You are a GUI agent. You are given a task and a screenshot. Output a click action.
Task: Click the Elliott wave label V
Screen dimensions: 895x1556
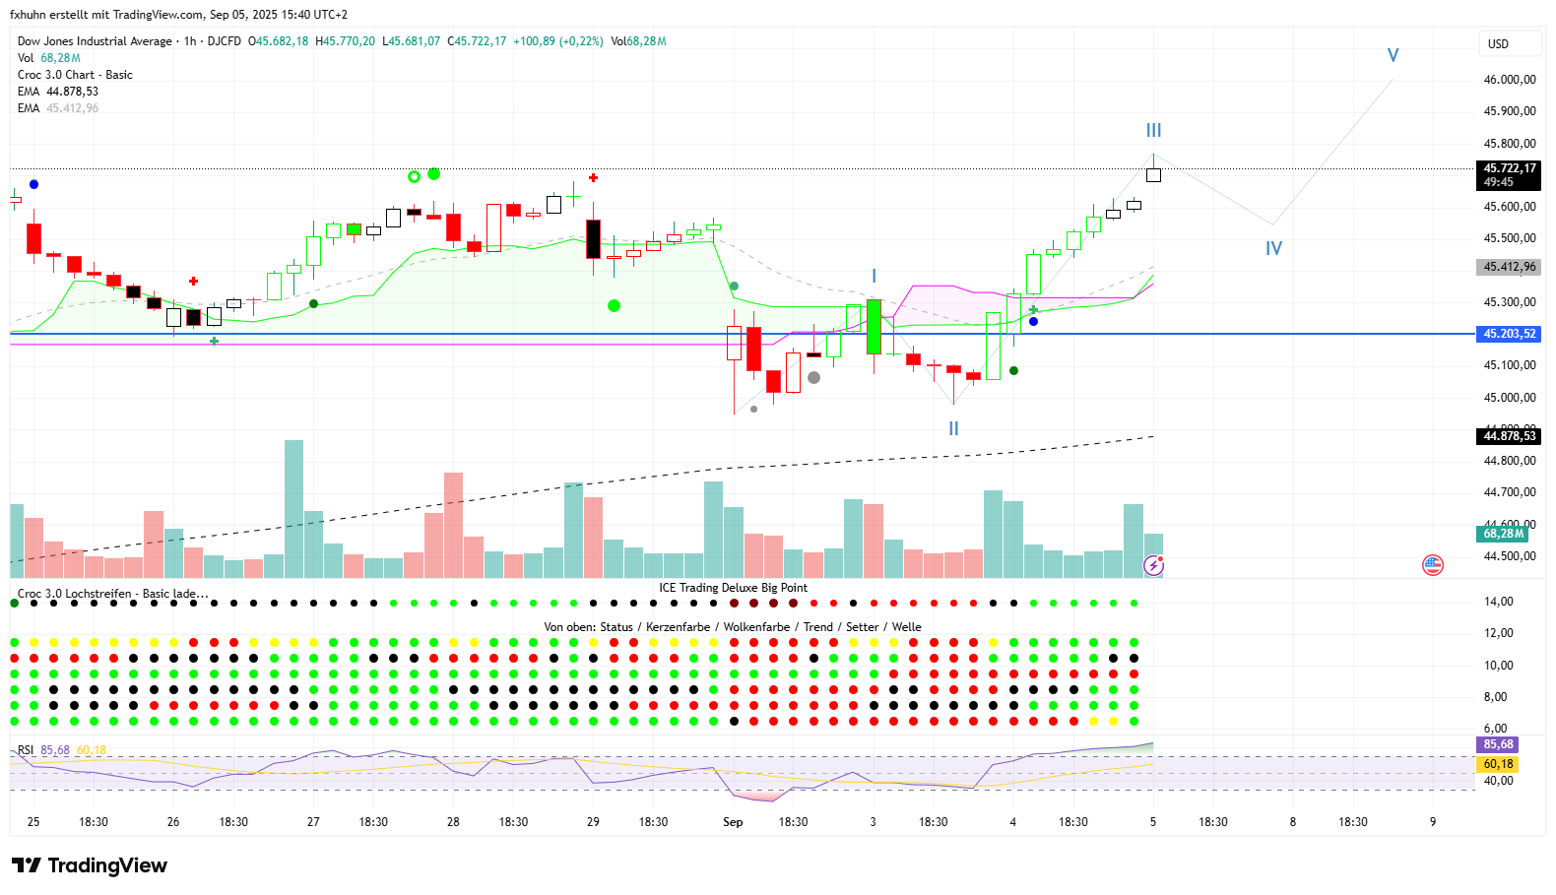click(x=1393, y=55)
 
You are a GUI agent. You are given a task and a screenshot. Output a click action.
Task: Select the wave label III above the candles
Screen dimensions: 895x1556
click(x=1153, y=130)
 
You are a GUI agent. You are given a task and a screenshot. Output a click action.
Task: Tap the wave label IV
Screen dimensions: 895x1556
click(x=1273, y=248)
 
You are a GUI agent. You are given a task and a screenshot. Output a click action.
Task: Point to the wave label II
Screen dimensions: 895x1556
click(x=953, y=428)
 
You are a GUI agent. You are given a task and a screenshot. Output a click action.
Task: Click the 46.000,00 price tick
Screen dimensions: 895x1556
click(x=1510, y=80)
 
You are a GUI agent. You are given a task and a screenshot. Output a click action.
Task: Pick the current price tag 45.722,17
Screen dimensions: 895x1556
click(x=1510, y=168)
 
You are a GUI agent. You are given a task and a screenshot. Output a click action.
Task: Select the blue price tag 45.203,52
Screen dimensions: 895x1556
click(x=1510, y=334)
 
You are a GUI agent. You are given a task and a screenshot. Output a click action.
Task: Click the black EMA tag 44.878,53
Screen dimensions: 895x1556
click(x=1510, y=436)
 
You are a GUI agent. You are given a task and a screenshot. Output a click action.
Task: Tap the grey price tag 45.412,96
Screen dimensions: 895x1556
click(x=1510, y=267)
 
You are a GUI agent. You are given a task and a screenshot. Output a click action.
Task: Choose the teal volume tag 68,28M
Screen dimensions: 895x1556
click(x=1503, y=534)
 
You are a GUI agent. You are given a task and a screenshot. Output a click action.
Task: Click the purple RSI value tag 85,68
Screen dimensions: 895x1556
click(x=1498, y=744)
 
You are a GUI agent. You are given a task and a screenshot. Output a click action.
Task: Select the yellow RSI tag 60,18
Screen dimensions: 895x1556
click(x=1498, y=764)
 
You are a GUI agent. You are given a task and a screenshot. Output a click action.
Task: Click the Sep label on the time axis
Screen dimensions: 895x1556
click(x=733, y=822)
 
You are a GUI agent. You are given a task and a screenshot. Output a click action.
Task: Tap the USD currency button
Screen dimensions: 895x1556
click(x=1498, y=44)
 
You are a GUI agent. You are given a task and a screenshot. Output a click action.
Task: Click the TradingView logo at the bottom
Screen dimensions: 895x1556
click(x=91, y=865)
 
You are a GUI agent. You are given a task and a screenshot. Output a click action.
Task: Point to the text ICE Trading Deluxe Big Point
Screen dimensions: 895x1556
click(x=733, y=588)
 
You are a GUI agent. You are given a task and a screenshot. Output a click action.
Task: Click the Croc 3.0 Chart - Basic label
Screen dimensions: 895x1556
click(x=75, y=75)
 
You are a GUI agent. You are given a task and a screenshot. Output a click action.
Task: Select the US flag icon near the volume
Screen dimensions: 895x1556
click(x=1432, y=565)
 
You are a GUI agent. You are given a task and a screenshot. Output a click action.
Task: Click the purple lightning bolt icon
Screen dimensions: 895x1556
click(x=1153, y=565)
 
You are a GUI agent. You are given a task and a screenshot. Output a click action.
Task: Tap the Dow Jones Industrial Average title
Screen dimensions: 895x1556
click(x=95, y=41)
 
